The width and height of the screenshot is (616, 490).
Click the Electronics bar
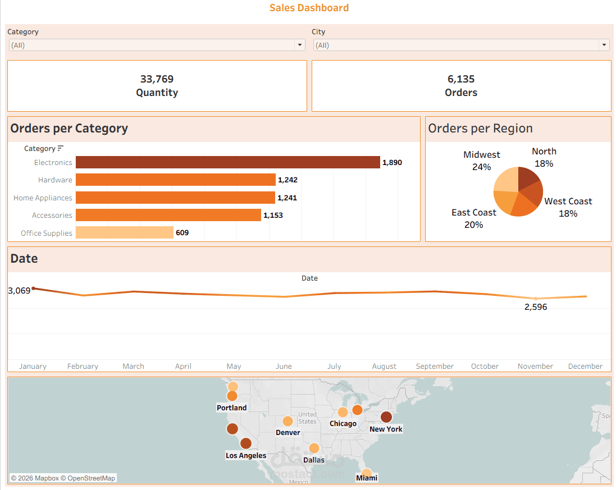pos(227,162)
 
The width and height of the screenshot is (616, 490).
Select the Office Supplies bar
pos(124,232)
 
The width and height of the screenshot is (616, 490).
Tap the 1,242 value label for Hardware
pos(288,180)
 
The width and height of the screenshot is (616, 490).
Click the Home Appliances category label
pos(43,198)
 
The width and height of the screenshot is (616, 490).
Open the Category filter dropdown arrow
pos(300,45)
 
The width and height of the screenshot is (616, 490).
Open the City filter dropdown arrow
pos(604,45)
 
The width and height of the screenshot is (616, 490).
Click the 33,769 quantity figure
pos(157,79)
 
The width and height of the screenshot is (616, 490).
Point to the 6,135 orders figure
pos(461,79)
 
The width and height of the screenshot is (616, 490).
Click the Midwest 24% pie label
pos(481,161)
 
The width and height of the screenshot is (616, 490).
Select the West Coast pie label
pos(568,207)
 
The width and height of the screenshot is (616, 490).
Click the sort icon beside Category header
pos(61,148)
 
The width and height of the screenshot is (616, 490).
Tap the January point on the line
pos(33,288)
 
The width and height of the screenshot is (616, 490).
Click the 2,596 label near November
pos(535,307)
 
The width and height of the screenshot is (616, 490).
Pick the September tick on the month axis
pos(435,366)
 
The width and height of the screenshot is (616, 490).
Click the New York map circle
pos(386,417)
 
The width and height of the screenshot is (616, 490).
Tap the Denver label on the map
pos(288,433)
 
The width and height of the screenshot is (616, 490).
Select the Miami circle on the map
pos(366,473)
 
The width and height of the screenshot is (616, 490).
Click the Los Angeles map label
pos(245,455)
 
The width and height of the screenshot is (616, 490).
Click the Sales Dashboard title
pos(309,8)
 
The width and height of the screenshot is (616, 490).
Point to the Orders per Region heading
pos(480,129)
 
